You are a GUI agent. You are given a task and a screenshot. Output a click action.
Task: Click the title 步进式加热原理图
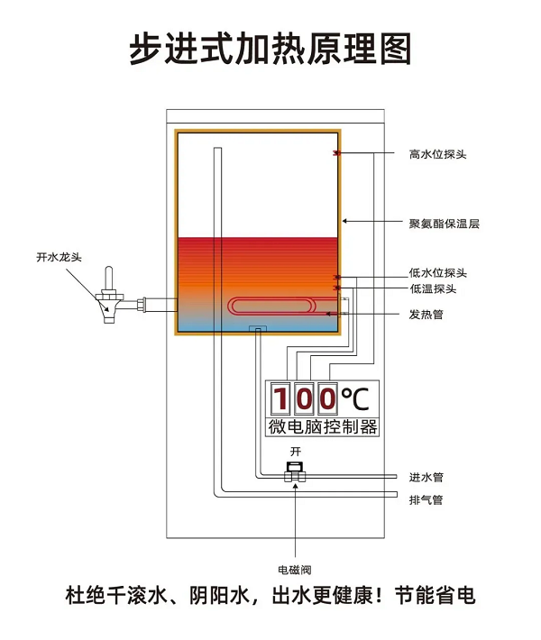[270, 48]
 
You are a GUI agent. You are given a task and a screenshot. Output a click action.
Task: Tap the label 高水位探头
[437, 154]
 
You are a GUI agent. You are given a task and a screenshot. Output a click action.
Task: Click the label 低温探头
[433, 288]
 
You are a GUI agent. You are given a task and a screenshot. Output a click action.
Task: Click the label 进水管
[426, 477]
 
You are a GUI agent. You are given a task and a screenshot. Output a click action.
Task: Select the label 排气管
[426, 499]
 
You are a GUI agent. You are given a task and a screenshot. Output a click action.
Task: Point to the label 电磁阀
[294, 569]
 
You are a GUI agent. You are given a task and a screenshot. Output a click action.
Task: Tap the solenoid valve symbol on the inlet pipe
[294, 472]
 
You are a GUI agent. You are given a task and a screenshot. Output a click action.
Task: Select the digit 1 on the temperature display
[281, 398]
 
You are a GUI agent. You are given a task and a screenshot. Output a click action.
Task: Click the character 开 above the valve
[294, 450]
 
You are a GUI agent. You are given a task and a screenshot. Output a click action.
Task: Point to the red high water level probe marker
[336, 153]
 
